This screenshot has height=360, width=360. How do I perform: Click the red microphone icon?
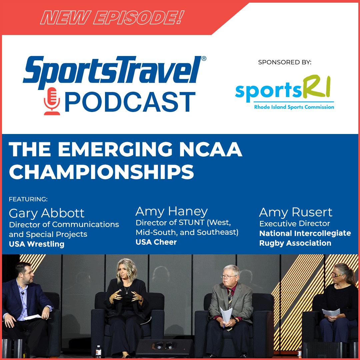coord(52,101)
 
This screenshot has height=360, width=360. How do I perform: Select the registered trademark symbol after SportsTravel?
coord(204,59)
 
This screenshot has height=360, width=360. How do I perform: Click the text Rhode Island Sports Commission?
coord(294,107)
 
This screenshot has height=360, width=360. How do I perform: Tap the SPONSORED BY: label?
coord(285,62)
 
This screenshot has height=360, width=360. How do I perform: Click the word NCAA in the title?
coord(211,149)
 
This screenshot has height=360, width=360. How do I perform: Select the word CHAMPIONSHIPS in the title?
coord(101,172)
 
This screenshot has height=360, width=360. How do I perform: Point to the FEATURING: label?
coord(28,199)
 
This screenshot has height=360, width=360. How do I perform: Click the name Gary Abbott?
coord(47,214)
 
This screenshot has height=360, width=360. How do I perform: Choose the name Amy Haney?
coord(172,211)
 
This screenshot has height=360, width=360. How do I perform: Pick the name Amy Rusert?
coord(296,212)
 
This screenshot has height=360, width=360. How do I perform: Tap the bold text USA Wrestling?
coord(37,244)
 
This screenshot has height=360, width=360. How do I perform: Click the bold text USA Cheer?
coord(156,242)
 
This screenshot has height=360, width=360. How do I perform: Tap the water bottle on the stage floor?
coord(98,352)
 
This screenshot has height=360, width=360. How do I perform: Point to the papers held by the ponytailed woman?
coord(331,313)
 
